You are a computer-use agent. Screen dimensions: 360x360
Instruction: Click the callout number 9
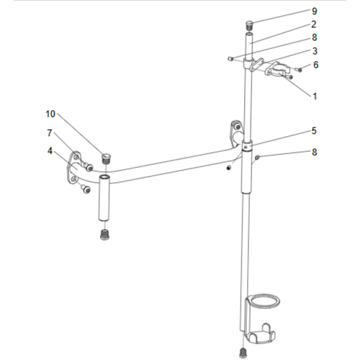point(314,11)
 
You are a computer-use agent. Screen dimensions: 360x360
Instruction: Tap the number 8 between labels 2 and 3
point(314,37)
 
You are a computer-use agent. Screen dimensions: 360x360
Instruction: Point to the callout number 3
point(314,51)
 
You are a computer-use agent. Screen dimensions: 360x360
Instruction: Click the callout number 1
point(314,94)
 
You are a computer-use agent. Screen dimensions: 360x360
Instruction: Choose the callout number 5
point(314,130)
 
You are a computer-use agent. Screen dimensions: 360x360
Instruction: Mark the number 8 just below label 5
point(314,153)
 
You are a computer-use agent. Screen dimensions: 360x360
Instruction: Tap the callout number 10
point(50,114)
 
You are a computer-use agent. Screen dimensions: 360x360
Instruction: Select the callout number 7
point(50,132)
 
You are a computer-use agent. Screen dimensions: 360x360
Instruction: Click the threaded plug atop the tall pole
point(249,24)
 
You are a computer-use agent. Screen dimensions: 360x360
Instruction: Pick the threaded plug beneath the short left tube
point(104,235)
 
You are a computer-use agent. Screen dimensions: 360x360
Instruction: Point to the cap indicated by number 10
point(105,157)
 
